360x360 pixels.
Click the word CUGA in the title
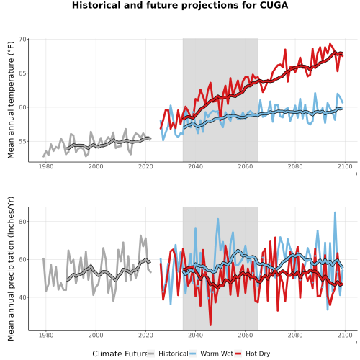(x=274, y=5)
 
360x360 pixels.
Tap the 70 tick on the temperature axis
(x=22, y=39)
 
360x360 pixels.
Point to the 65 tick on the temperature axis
(x=22, y=73)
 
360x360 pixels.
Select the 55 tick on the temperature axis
(x=22, y=141)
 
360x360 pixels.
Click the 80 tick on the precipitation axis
(x=22, y=222)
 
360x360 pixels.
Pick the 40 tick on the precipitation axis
(x=22, y=297)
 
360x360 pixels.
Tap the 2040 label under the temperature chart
(x=195, y=166)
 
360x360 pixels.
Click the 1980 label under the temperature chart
(x=46, y=166)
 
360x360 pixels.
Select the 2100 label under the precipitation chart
(x=345, y=335)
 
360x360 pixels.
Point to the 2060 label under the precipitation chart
(x=246, y=335)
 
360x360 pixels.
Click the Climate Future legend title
(x=120, y=354)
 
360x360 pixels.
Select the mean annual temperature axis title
(x=11, y=100)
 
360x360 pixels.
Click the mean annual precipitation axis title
(x=11, y=269)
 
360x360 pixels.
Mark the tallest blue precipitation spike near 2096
(x=335, y=212)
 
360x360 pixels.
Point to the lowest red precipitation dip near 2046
(x=210, y=325)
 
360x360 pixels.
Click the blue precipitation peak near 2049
(x=218, y=219)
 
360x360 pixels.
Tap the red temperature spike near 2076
(x=285, y=50)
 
